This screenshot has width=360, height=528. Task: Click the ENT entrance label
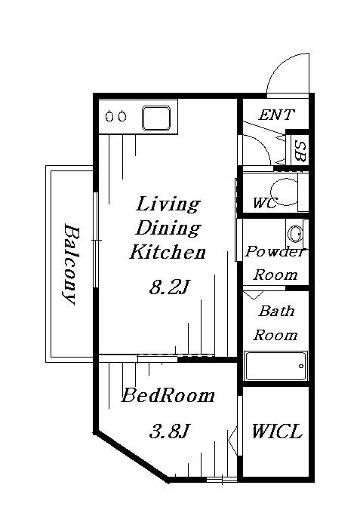tap(276, 115)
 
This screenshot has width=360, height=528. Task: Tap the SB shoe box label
tap(300, 151)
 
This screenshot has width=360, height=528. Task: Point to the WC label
tap(265, 203)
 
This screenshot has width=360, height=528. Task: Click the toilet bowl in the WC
tap(285, 192)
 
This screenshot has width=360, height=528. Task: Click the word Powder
tap(275, 252)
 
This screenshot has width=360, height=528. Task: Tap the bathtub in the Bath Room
tap(276, 366)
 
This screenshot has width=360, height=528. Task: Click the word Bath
tap(276, 311)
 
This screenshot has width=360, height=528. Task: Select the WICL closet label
tap(276, 431)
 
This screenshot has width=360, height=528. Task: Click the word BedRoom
tap(168, 396)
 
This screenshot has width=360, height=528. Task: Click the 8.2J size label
tap(168, 287)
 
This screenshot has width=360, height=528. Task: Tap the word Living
tap(168, 204)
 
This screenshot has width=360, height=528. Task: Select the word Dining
tap(168, 229)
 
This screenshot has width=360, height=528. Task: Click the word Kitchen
tap(168, 252)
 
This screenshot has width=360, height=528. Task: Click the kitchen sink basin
tap(156, 118)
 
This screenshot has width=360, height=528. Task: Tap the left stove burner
tap(109, 116)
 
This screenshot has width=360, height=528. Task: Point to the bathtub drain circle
tap(301, 366)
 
